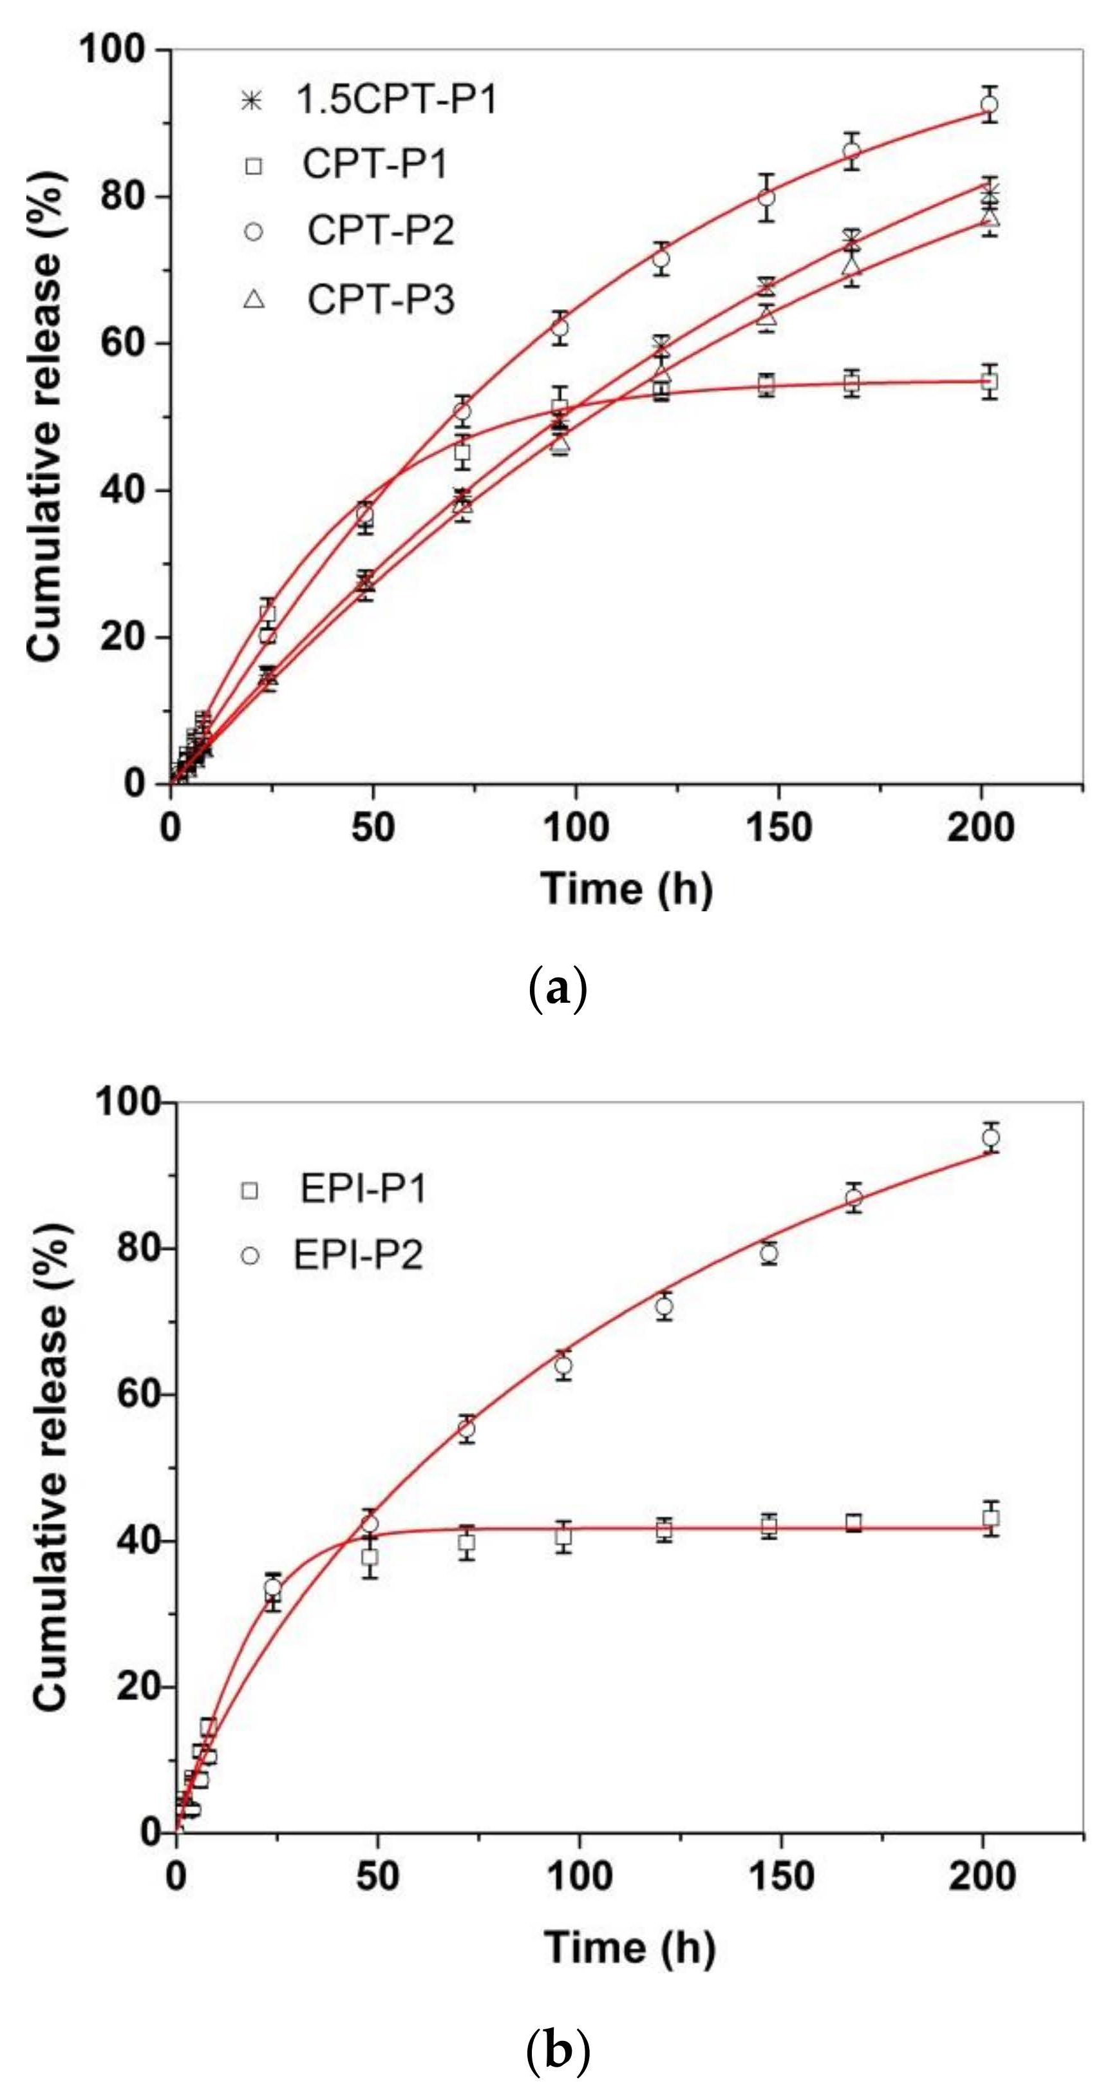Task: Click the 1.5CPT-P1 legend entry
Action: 370,100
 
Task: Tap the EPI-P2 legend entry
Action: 334,1255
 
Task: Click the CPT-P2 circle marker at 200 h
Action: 989,104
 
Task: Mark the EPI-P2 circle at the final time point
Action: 991,1137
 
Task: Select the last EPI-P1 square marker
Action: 991,1519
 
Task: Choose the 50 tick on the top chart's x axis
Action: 373,827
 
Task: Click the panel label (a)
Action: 557,990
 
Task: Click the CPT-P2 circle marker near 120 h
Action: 661,259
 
